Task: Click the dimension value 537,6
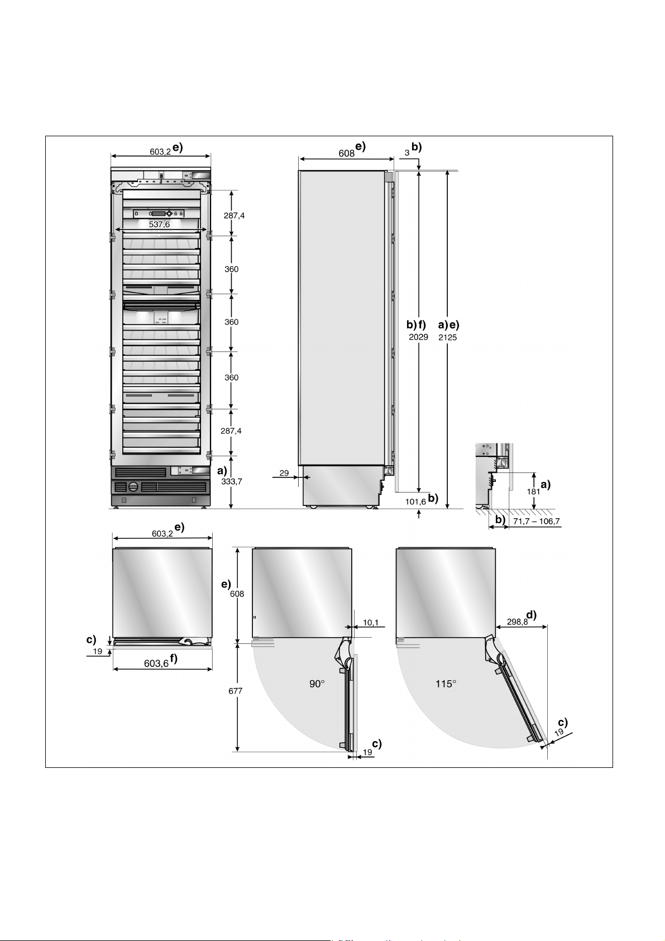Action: click(x=159, y=224)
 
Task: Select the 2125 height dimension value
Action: click(x=448, y=337)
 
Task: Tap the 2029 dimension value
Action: click(x=419, y=337)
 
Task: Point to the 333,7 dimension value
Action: click(x=232, y=481)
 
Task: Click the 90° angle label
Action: click(x=317, y=684)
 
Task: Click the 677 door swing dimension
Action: click(x=236, y=691)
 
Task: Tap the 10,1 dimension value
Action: click(x=371, y=622)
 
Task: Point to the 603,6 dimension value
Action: click(x=156, y=663)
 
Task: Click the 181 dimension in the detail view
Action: click(x=533, y=492)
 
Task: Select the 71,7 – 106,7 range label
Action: click(x=536, y=522)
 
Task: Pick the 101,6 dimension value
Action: click(x=415, y=501)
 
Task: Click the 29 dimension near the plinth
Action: click(x=284, y=473)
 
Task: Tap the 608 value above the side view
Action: click(x=346, y=154)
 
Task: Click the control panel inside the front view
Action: click(x=160, y=213)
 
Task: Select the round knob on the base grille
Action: click(x=133, y=486)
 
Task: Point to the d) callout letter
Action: click(x=531, y=615)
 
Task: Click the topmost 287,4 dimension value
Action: click(x=234, y=216)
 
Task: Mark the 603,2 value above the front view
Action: click(x=160, y=151)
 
